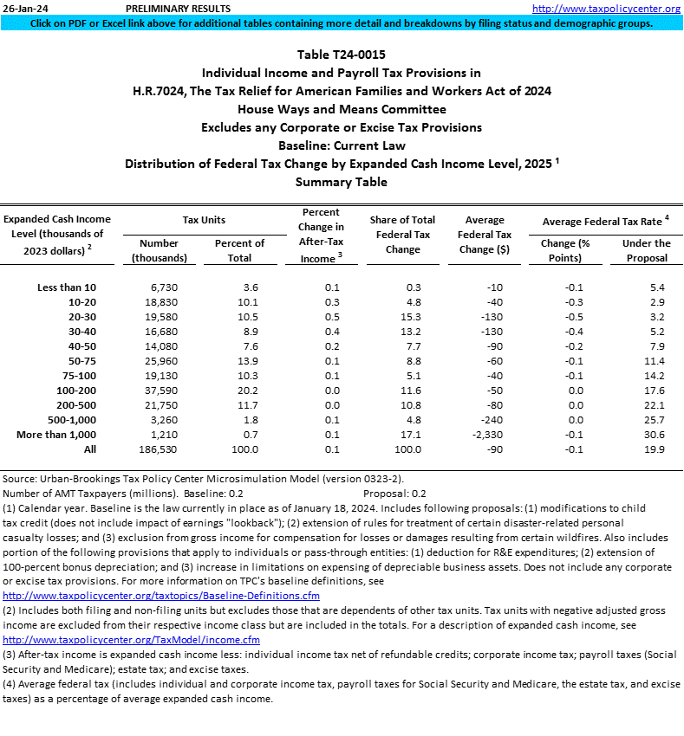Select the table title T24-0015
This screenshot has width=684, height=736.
point(342,55)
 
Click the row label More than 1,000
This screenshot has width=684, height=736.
point(57,434)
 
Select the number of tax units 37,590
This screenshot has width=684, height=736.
point(160,390)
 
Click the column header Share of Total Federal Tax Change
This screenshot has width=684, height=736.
point(402,235)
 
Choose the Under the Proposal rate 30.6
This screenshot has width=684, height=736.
point(651,434)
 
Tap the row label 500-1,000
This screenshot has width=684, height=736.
point(69,419)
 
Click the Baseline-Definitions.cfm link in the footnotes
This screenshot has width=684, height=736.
point(161,596)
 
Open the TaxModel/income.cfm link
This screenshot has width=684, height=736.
point(132,640)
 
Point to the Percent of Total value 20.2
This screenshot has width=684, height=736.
point(240,390)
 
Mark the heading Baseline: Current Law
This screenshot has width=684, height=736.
point(342,145)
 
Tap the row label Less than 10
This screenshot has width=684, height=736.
point(68,287)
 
